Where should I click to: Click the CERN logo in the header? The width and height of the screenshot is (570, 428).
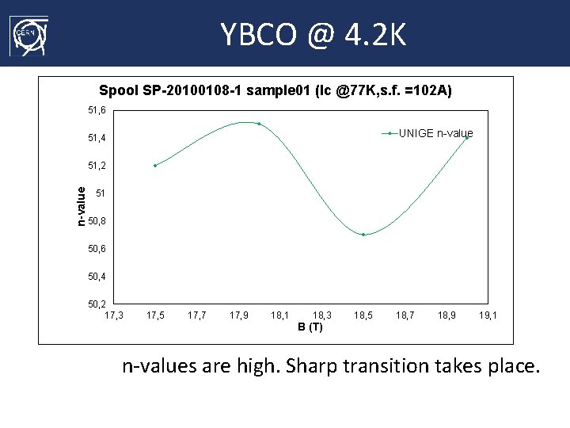click(x=28, y=36)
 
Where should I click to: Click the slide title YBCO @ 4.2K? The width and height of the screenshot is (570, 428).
click(x=313, y=34)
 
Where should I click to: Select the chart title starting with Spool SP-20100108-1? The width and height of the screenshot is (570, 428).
click(x=275, y=91)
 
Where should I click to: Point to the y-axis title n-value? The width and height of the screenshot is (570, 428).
click(x=81, y=205)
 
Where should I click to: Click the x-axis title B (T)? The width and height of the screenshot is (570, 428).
click(x=310, y=327)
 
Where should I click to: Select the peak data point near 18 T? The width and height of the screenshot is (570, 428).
click(x=259, y=124)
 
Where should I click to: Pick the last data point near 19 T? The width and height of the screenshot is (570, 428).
click(x=467, y=137)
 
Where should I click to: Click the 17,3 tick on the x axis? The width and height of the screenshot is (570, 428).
click(x=114, y=315)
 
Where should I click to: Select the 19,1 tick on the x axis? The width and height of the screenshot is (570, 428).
click(x=488, y=315)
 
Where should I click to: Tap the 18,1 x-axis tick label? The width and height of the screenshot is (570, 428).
click(x=279, y=315)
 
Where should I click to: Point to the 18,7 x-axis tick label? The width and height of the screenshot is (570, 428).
click(x=405, y=315)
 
